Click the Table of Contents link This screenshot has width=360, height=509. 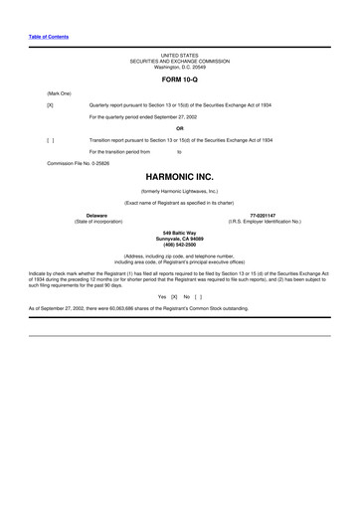pyautogui.click(x=48, y=37)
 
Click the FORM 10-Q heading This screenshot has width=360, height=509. pyautogui.click(x=179, y=77)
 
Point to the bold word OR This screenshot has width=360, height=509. pyautogui.click(x=179, y=127)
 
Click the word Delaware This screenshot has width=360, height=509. pyautogui.click(x=97, y=214)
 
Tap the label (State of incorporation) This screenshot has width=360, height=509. pyautogui.click(x=97, y=221)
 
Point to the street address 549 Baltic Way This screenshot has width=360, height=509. pyautogui.click(x=179, y=233)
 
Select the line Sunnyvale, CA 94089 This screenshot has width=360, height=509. pyautogui.click(x=179, y=239)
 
